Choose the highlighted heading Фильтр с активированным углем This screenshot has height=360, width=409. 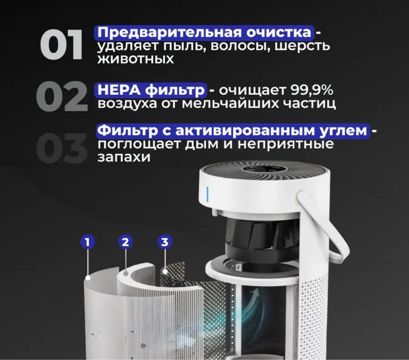(x=233, y=131)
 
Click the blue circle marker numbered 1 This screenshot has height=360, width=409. (x=88, y=242)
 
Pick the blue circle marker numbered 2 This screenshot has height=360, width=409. (x=125, y=242)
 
